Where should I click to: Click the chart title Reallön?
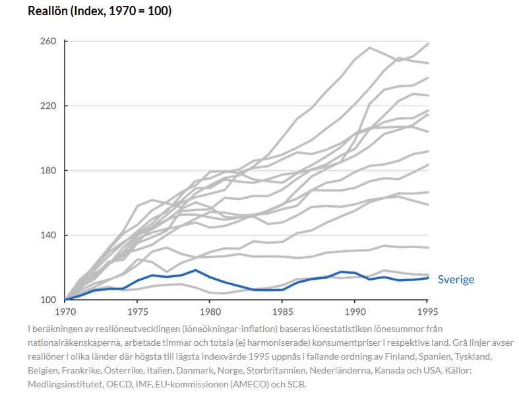99,12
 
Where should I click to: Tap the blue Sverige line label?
456,279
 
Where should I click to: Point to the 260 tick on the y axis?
49,41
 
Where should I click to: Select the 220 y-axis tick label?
49,106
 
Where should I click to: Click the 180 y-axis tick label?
49,170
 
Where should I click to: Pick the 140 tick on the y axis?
49,235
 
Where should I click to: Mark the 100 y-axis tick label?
49,300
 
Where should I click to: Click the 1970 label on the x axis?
65,311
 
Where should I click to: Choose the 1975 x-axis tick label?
137,311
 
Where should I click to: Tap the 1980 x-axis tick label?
210,311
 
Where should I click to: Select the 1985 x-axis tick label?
282,311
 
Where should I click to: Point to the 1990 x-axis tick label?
355,311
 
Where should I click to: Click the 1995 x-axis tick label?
427,311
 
